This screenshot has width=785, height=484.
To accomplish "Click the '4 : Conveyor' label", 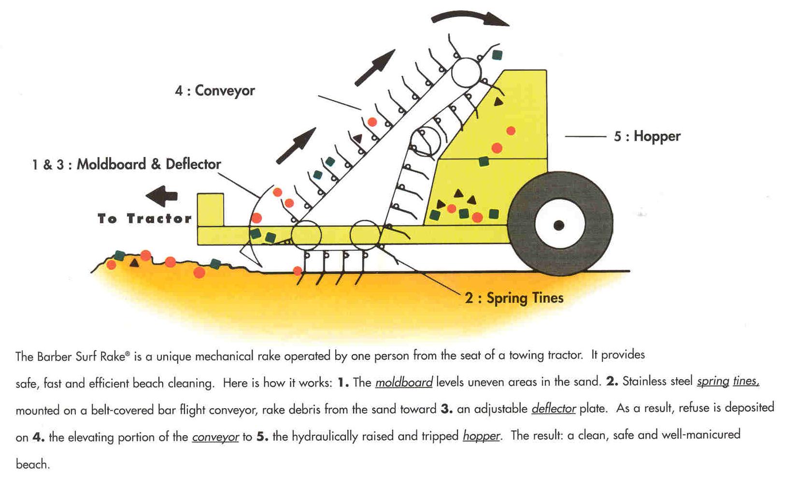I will (215, 90).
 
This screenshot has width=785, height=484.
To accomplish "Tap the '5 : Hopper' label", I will (647, 136).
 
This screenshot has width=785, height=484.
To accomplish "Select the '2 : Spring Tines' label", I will (514, 298).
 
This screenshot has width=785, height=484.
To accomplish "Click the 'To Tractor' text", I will (144, 219).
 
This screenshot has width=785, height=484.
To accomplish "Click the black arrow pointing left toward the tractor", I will (162, 196).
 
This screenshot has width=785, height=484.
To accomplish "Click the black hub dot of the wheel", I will (559, 225).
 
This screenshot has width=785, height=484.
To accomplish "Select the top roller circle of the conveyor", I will (466, 72).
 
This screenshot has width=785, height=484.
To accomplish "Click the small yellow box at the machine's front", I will (210, 209).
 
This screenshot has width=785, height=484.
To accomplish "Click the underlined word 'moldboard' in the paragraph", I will (404, 383).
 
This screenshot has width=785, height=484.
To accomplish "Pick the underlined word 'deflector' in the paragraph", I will (554, 409).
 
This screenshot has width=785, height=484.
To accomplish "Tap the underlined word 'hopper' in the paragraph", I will (481, 436).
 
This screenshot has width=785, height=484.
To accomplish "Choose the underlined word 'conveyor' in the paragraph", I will (215, 437).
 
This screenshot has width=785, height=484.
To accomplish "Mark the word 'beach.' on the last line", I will (32, 465).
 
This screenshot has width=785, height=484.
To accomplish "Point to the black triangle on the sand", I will (134, 263).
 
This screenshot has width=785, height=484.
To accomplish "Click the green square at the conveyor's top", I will (497, 55).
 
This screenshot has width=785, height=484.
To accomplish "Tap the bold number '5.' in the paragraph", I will (262, 437).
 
